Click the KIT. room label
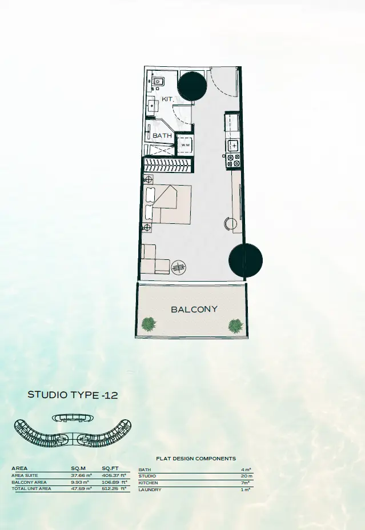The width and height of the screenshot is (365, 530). tap(168, 99)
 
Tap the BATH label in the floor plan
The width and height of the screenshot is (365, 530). tap(162, 135)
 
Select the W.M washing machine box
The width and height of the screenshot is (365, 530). tap(185, 145)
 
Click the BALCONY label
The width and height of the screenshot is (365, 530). tap(194, 310)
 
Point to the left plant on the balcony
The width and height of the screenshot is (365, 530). tap(149, 324)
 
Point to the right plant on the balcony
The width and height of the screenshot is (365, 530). tap(235, 326)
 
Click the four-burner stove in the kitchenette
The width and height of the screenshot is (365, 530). tap(234, 160)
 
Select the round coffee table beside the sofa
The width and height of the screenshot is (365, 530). tap(178, 268)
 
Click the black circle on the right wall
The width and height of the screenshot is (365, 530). tap(246, 260)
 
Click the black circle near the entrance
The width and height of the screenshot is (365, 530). tap(192, 86)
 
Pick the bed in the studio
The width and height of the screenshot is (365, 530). tap(167, 204)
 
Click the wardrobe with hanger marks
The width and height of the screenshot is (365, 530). tap(169, 165)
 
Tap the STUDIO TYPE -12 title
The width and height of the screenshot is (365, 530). tap(73, 395)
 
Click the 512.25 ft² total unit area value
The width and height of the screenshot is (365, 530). tap(114, 488)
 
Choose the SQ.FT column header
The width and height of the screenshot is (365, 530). tap(110, 468)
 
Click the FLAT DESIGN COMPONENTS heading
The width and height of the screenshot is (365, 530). tap(196, 459)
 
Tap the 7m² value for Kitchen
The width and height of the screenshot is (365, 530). tap(246, 483)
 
